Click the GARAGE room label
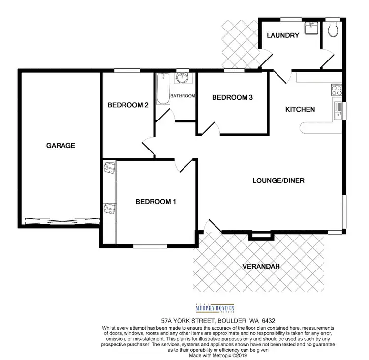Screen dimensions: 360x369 pos(61,145)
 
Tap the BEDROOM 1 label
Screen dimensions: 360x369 pos(156,201)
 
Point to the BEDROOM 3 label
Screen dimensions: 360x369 pos(232,97)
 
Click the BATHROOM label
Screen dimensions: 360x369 pos(183,96)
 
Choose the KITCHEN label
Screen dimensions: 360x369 pos(300,109)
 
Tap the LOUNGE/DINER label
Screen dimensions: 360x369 pos(278,180)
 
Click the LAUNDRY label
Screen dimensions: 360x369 pos(283,35)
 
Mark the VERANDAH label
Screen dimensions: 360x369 pos(261,266)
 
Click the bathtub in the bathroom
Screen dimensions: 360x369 pos(162,89)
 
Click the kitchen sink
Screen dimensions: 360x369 pos(338,110)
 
